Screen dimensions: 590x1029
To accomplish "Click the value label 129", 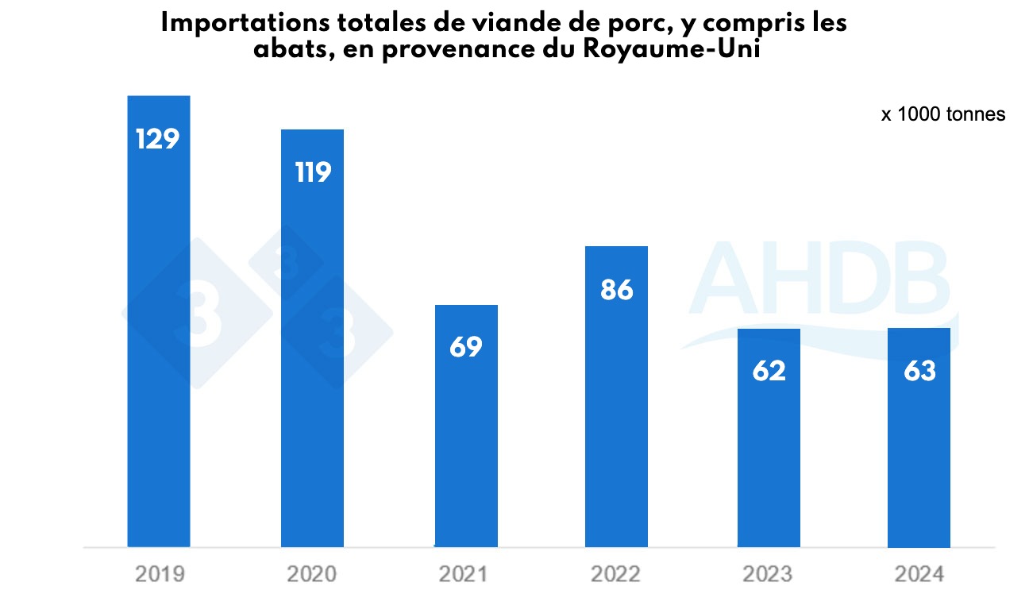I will (x=159, y=138).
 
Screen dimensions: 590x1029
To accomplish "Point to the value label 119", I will (x=312, y=172).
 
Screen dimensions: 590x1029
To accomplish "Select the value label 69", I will (x=466, y=347).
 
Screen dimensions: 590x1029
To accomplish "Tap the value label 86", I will (x=616, y=290).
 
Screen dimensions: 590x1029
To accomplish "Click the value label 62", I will (x=769, y=371).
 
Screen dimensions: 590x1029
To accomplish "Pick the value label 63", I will (x=919, y=371).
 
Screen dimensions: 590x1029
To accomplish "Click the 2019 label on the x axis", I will (x=159, y=573).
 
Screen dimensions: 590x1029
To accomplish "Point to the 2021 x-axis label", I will (x=466, y=573).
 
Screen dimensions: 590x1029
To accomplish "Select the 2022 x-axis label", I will (x=617, y=573).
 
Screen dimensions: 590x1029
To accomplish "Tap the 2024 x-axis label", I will (x=919, y=573).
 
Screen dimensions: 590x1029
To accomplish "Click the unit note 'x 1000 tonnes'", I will (x=942, y=114).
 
